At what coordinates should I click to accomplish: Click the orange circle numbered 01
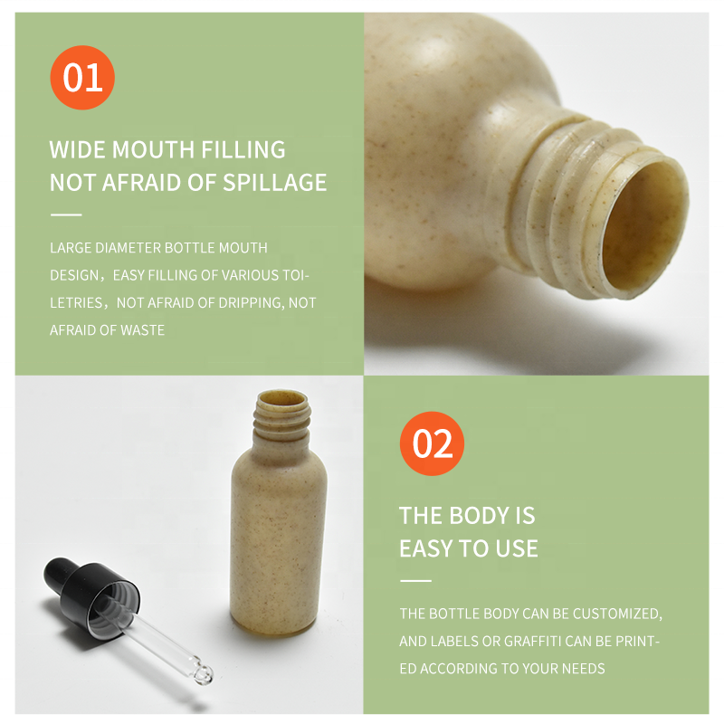(82, 78)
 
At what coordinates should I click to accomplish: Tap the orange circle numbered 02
(432, 443)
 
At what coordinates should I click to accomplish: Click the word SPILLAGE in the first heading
(275, 183)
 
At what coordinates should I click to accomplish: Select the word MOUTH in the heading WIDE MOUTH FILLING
(153, 149)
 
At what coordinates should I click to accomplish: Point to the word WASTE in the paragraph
(143, 330)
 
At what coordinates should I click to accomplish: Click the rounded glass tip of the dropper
(203, 675)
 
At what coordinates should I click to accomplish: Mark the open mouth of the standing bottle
(282, 397)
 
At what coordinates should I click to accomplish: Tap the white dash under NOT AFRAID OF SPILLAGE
(66, 214)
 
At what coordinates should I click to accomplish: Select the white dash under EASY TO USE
(415, 580)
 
